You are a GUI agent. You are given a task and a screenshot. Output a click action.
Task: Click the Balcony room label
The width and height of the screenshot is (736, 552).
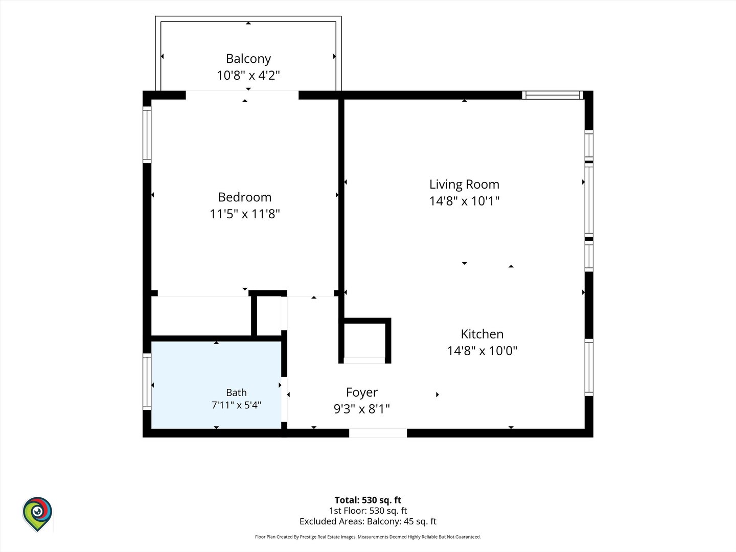coord(248,59)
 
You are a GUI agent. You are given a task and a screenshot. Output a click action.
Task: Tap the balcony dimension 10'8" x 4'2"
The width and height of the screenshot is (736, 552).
coord(248,75)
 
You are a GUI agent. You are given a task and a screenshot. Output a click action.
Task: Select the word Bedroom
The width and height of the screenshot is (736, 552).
coord(245,197)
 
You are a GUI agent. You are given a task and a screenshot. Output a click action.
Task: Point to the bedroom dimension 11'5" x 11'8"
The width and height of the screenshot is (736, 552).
coord(245,214)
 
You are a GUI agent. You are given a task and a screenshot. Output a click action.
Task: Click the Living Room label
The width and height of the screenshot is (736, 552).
coord(465,185)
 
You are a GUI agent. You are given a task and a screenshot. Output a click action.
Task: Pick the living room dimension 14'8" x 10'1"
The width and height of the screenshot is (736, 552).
coord(465,201)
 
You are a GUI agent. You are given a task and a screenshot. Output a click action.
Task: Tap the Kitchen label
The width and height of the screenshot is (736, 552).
coord(482,334)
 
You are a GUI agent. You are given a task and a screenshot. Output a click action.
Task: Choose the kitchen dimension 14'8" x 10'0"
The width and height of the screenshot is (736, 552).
coord(482,351)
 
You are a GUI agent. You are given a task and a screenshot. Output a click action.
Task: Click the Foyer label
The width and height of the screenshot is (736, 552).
coord(362,393)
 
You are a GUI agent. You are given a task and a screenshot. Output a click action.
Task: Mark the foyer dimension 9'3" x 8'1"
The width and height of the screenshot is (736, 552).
coord(362,409)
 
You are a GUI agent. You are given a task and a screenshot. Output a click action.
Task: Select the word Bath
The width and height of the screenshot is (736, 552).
coord(237,393)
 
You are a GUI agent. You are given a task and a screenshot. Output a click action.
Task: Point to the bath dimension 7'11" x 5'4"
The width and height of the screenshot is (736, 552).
coord(237,405)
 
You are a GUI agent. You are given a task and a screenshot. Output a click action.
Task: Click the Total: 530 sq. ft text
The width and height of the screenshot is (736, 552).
coord(368,500)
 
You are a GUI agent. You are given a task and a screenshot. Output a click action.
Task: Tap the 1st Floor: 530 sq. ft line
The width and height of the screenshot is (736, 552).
coord(368,511)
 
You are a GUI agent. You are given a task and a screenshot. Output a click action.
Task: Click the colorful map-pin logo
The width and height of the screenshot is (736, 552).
coord(37,514)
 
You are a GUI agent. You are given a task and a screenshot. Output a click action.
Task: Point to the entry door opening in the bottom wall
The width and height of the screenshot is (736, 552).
coord(378,433)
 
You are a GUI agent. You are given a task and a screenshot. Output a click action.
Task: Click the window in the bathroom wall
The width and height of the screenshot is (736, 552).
coord(147,381)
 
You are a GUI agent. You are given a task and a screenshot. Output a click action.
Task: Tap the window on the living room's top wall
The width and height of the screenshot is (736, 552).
coord(553,95)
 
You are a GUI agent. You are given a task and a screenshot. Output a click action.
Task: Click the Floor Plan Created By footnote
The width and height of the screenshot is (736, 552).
coord(368,537)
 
